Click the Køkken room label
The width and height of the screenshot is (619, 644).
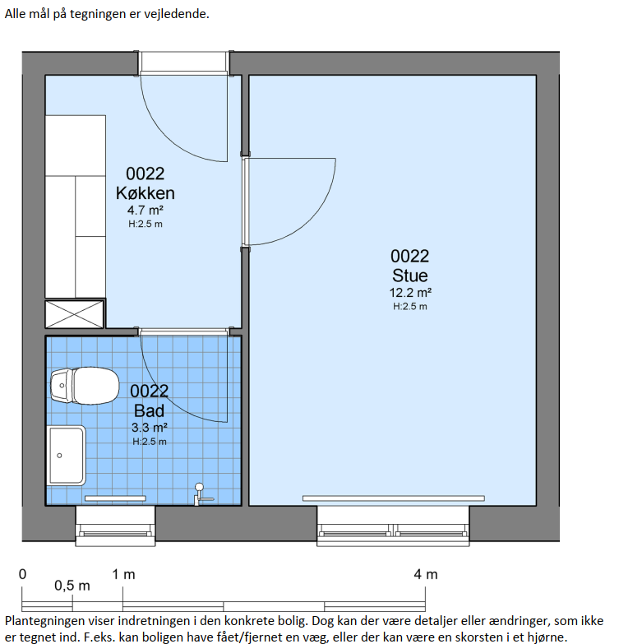pyautogui.click(x=146, y=193)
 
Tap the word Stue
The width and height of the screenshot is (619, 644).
pyautogui.click(x=409, y=276)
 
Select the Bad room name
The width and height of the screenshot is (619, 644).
pyautogui.click(x=149, y=410)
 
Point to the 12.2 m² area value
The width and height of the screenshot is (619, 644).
pyautogui.click(x=410, y=293)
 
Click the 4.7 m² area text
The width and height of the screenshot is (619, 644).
pyautogui.click(x=146, y=211)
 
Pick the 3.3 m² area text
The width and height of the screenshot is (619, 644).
pyautogui.click(x=150, y=428)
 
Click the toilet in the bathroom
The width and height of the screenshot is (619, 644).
pyautogui.click(x=85, y=386)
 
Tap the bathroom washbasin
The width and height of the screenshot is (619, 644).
pyautogui.click(x=67, y=456)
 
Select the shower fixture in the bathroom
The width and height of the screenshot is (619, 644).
pyautogui.click(x=202, y=494)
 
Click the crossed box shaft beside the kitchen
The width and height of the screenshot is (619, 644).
pyautogui.click(x=74, y=314)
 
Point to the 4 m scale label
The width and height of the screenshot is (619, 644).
pyautogui.click(x=426, y=574)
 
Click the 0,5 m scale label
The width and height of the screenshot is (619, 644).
pyautogui.click(x=72, y=586)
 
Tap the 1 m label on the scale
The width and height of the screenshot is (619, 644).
pyautogui.click(x=123, y=574)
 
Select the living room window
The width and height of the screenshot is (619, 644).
pyautogui.click(x=393, y=526)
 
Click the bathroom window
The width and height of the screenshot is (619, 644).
pyautogui.click(x=115, y=526)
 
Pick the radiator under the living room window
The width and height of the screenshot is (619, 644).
pyautogui.click(x=394, y=498)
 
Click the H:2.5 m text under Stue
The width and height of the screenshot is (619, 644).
pyautogui.click(x=410, y=307)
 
